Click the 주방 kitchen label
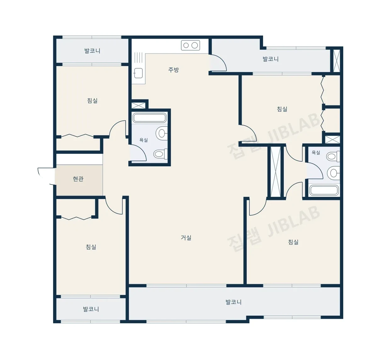pyautogui.click(x=173, y=70)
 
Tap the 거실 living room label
pyautogui.click(x=186, y=238)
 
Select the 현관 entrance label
pyautogui.click(x=78, y=179)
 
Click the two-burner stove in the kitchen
pyautogui.click(x=190, y=45)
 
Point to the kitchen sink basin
pyautogui.click(x=138, y=73)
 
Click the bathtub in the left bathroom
pyautogui.click(x=149, y=118)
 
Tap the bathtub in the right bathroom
pyautogui.click(x=324, y=190)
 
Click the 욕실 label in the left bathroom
pyautogui.click(x=143, y=140)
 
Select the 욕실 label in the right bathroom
pyautogui.click(x=316, y=152)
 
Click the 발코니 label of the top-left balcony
pyautogui.click(x=92, y=51)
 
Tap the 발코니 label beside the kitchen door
pyautogui.click(x=271, y=59)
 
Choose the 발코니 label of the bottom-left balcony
pyautogui.click(x=91, y=309)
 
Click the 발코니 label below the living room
pyautogui.click(x=233, y=302)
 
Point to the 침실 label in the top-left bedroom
pyautogui.click(x=92, y=101)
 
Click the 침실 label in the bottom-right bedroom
pyautogui.click(x=293, y=242)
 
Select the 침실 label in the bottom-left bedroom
pyautogui.click(x=91, y=247)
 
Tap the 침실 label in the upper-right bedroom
pyautogui.click(x=282, y=109)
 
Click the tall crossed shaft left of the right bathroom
pyautogui.click(x=275, y=172)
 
